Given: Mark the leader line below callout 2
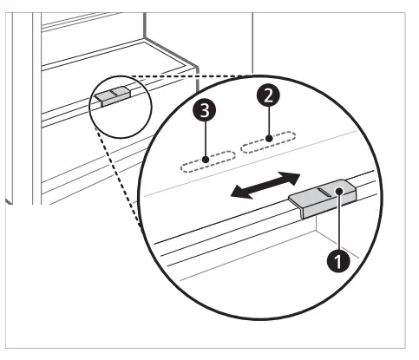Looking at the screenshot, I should click(x=270, y=121).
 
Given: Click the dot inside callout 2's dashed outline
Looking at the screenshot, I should click(x=270, y=138).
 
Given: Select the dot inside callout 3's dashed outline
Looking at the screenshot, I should click(x=206, y=159).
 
